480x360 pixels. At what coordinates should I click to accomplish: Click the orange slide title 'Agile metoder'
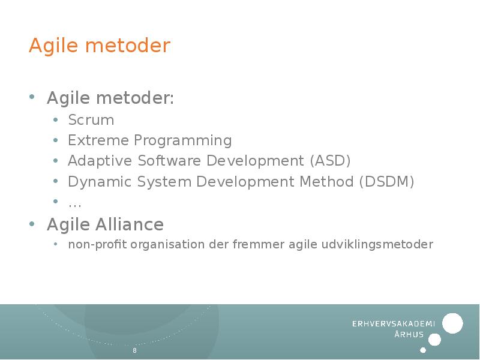100,46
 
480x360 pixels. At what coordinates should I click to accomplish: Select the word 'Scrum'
91,120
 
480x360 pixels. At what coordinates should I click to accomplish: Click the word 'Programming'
182,141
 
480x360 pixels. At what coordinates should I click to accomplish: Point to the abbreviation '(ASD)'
330,161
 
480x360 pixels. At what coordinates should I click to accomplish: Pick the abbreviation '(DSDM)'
387,181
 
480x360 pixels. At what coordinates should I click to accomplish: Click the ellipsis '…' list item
75,203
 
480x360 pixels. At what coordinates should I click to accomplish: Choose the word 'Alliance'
130,224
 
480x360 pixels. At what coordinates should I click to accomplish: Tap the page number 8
134,350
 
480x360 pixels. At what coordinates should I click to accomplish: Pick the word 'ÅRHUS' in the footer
409,335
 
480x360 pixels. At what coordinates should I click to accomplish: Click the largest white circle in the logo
452,323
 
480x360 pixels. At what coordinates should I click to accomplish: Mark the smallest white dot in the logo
423,350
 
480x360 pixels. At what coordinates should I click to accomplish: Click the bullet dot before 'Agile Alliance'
32,224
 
